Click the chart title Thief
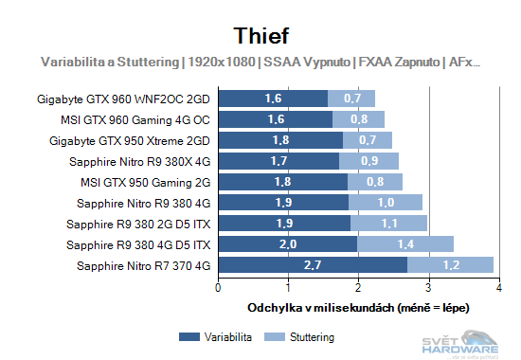coord(260,34)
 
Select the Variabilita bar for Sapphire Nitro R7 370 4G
coord(313,265)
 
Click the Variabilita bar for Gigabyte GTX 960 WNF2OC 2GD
coord(274,99)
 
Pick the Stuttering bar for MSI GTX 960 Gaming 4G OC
coord(358,119)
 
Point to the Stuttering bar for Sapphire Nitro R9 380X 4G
coord(368,161)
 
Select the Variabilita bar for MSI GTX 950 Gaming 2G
coord(283,182)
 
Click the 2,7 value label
coord(313,265)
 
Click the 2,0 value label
coord(288,244)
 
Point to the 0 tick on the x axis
coord(219,287)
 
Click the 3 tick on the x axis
coord(428,287)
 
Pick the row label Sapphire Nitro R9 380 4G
coord(139,203)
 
